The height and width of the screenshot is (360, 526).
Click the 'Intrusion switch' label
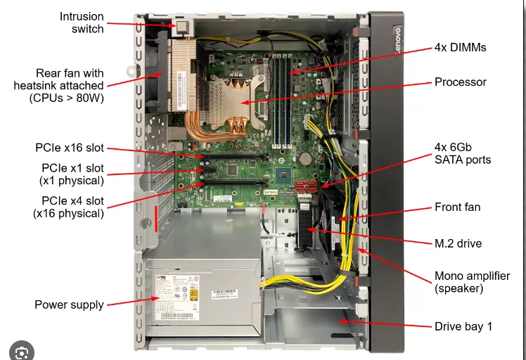point(81,22)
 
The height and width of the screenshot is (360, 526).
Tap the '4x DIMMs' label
point(460,48)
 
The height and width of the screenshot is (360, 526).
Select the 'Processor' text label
point(460,82)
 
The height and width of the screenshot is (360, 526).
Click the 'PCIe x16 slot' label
point(70,148)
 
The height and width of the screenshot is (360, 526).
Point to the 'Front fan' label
point(457,207)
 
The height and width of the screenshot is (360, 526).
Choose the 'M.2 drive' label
point(458,243)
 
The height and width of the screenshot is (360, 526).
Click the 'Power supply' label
point(69,304)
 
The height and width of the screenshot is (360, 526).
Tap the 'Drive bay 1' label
point(463,326)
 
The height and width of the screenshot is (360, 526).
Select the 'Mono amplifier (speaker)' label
point(471,282)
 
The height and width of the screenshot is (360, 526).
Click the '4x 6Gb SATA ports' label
point(463,154)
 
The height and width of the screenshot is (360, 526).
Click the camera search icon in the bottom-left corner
point(22,350)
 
